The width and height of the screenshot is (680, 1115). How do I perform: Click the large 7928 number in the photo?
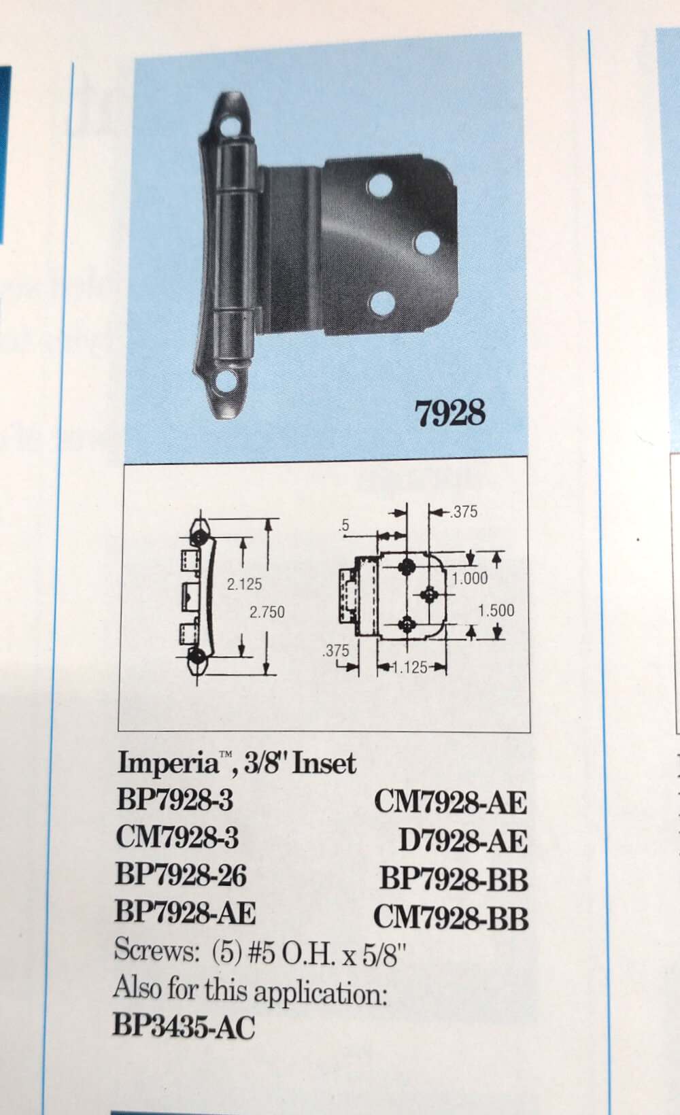(x=449, y=413)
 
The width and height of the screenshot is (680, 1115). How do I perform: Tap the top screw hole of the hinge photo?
(x=230, y=125)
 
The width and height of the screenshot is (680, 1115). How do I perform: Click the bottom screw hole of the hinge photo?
(x=226, y=381)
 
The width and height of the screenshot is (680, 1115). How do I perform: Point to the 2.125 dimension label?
(x=244, y=584)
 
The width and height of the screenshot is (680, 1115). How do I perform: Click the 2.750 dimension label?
(x=267, y=612)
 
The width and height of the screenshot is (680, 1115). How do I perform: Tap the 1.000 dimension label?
(x=470, y=579)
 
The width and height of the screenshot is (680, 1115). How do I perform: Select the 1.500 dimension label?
(x=496, y=611)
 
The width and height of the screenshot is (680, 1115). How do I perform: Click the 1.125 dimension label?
(x=410, y=668)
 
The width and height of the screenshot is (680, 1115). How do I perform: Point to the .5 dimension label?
(x=345, y=526)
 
